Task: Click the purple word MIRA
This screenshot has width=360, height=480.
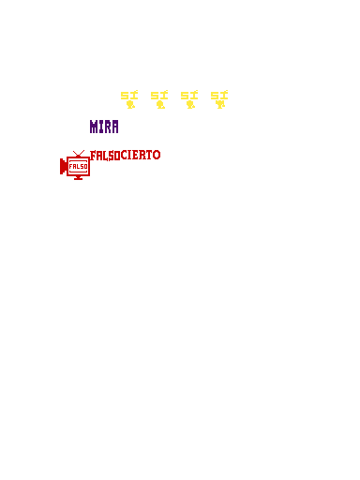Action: coord(104,127)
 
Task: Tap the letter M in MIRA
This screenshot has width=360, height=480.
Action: coord(94,127)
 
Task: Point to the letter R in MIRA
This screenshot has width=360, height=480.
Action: coord(107,127)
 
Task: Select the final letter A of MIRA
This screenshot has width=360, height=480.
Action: coord(115,127)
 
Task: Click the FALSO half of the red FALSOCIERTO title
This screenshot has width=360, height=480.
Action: coord(105,156)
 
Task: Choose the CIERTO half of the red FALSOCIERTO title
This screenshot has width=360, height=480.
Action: coord(141,155)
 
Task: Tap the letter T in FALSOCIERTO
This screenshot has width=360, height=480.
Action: coord(148,155)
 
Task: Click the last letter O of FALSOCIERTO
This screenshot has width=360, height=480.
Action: coord(157,155)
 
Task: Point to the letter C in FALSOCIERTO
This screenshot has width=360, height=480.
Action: coord(124,155)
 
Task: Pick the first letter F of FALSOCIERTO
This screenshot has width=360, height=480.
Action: coord(93,156)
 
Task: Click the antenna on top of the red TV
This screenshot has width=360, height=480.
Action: coord(79,154)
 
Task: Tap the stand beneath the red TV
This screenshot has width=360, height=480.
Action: coord(79,178)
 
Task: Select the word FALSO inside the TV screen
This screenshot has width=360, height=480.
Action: coord(79,167)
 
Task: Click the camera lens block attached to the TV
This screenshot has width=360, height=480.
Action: coord(63,167)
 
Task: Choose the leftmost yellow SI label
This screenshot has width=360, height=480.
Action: coord(129,95)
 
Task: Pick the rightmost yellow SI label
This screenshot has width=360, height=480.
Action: coord(219,95)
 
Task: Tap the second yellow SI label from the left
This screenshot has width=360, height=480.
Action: coord(159,95)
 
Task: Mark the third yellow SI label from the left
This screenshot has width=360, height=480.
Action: coord(189,95)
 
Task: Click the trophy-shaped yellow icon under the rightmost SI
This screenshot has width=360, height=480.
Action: coord(220,104)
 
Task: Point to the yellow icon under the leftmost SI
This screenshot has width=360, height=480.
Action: coord(130,104)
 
